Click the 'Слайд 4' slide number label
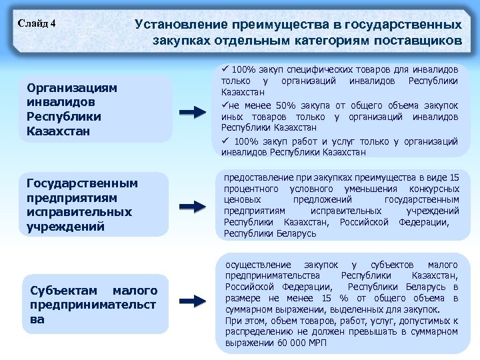[37, 25]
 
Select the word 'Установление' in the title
[179, 25]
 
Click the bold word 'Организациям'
[72, 88]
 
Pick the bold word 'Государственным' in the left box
[82, 183]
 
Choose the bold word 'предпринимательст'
[94, 305]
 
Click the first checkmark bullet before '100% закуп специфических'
[225, 69]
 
